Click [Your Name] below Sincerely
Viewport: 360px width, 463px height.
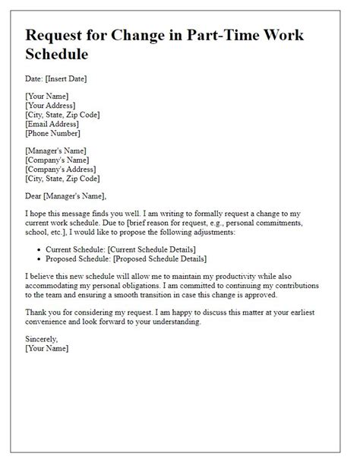47,348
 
